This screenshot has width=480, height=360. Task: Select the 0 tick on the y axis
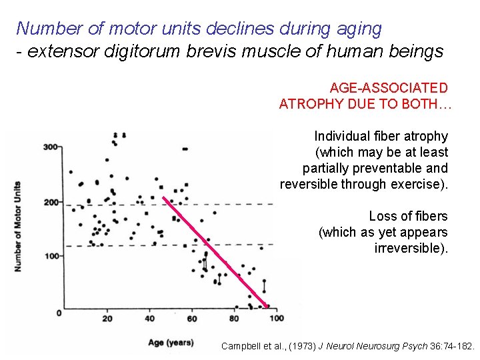[x=58, y=312]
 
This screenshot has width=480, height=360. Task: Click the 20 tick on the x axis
[x=107, y=319]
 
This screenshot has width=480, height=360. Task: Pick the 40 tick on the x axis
[x=149, y=319]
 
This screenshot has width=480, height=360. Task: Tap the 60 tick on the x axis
[x=192, y=319]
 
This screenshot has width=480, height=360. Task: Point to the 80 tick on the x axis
[x=233, y=319]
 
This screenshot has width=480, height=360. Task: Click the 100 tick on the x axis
[x=275, y=319]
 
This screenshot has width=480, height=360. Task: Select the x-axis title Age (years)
[x=171, y=343]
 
